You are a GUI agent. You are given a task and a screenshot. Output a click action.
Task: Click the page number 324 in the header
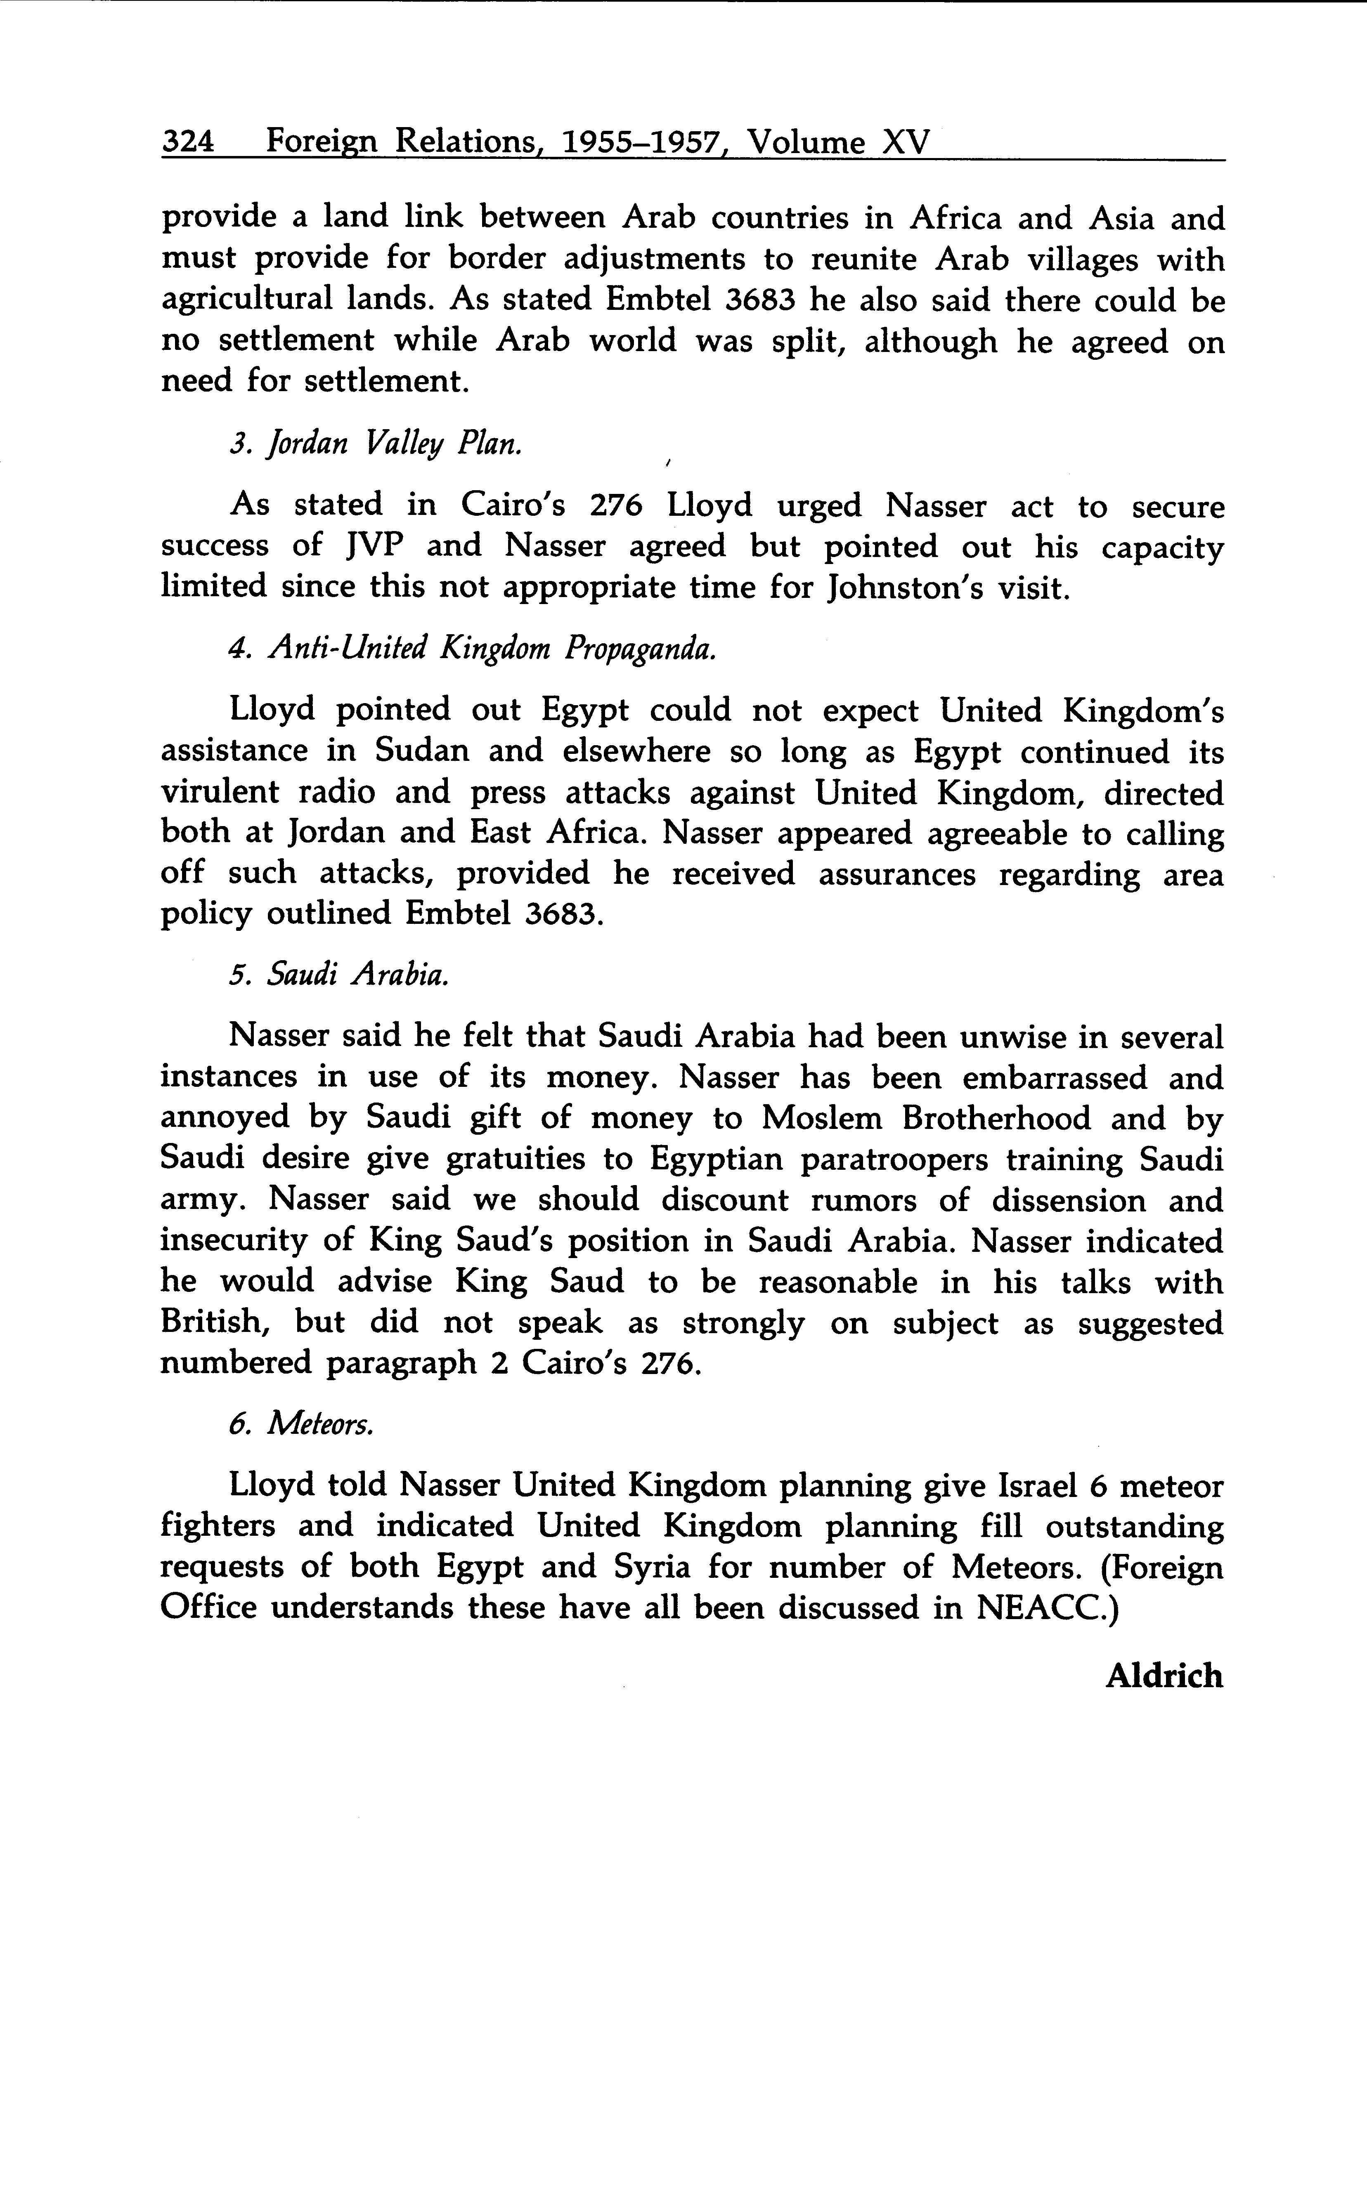tap(187, 142)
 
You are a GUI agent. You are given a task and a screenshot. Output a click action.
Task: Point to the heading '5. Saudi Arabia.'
tap(339, 975)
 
